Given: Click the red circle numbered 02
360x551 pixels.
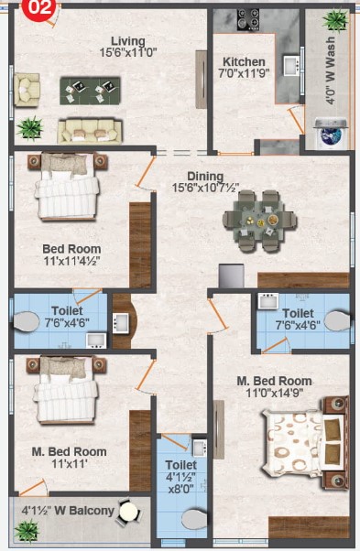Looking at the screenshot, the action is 39,7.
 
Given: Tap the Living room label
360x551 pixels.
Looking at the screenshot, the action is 128,41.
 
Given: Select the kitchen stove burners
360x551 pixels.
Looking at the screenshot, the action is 248,19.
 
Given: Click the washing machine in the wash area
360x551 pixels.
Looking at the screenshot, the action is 331,133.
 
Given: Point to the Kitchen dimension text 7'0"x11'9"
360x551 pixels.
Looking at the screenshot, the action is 244,73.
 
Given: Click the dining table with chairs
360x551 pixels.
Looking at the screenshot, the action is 260,221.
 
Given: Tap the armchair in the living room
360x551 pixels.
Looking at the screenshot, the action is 27,90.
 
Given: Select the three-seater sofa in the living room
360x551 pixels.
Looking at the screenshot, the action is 90,131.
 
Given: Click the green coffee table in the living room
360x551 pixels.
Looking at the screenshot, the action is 90,91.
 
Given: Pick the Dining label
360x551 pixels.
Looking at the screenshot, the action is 205,176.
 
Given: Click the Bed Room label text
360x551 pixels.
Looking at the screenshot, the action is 71,249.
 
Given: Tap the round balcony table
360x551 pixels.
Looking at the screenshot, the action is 128,512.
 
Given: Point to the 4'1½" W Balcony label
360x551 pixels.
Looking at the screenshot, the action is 68,510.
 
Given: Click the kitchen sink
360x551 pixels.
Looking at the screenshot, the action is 292,65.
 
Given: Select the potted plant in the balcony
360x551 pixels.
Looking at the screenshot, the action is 27,531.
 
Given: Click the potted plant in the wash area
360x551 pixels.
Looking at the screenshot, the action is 336,20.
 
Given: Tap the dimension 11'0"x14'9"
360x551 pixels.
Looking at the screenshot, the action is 275,393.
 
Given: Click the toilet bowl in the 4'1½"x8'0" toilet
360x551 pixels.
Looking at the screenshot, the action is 194,519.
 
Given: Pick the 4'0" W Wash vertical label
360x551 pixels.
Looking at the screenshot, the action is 331,70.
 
